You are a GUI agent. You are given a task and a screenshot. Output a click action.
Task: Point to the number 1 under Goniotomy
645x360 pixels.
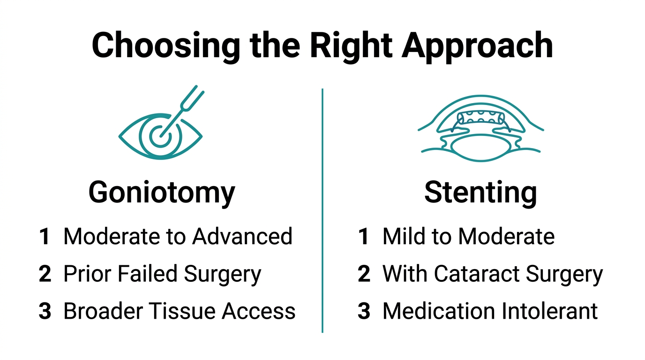pyautogui.click(x=45, y=236)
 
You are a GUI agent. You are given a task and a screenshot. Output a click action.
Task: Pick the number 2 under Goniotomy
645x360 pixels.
pyautogui.click(x=45, y=274)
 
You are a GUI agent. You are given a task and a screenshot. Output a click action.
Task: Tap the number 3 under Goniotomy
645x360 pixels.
pyautogui.click(x=45, y=311)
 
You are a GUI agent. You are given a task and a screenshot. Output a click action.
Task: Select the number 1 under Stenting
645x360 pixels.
pyautogui.click(x=363, y=236)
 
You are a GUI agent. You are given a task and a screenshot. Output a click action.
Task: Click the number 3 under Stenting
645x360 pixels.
pyautogui.click(x=364, y=311)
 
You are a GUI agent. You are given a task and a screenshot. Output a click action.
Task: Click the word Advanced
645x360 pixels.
pyautogui.click(x=242, y=236)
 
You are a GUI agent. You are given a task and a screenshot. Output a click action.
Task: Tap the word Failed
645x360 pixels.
pyautogui.click(x=148, y=274)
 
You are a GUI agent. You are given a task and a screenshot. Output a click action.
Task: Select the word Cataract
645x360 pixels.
pyautogui.click(x=477, y=274)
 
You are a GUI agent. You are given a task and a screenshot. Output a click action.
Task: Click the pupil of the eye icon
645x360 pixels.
pyautogui.click(x=160, y=136)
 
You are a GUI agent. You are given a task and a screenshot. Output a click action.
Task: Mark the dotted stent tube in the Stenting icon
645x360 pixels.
pyautogui.click(x=481, y=118)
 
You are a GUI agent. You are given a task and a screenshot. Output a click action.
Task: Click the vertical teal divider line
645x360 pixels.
pyautogui.click(x=322, y=210)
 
